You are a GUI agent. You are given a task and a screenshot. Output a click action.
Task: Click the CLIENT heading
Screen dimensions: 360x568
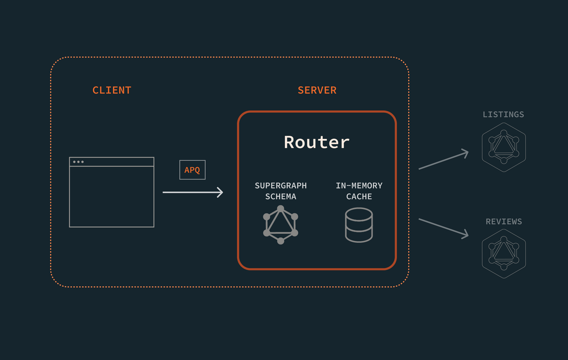(x=112, y=90)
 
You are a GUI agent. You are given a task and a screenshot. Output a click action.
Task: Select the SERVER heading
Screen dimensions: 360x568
(x=317, y=90)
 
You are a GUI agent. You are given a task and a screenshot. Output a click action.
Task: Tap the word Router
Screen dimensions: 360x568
(x=317, y=142)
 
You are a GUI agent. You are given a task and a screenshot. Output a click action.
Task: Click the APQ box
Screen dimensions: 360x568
(x=192, y=170)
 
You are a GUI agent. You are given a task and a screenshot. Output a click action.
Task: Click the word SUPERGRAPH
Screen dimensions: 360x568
(x=280, y=186)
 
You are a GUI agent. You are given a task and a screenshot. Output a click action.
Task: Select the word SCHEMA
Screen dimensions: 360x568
(x=280, y=196)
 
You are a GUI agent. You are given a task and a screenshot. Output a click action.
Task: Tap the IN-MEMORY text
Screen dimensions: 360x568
(x=359, y=186)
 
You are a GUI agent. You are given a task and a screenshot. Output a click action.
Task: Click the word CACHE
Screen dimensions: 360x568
(x=359, y=196)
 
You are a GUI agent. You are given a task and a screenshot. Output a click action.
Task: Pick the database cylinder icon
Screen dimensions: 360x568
(x=359, y=225)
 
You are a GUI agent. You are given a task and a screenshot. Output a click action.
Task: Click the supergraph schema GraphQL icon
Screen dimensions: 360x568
(x=280, y=225)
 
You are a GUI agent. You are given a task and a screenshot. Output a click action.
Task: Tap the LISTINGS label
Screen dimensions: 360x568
(x=503, y=115)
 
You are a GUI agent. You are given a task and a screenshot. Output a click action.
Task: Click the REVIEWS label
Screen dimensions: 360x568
(x=504, y=222)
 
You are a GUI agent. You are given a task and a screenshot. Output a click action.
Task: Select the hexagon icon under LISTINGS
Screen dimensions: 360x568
(x=504, y=147)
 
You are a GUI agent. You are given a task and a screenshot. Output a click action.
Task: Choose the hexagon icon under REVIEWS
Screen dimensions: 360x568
(x=504, y=254)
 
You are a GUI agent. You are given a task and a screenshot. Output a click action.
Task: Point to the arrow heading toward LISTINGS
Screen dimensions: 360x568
(x=443, y=160)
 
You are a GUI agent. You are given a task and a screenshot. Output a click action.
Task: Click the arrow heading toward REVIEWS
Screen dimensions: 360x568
(x=443, y=228)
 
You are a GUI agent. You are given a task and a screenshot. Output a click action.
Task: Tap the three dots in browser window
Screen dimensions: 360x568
(x=78, y=162)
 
